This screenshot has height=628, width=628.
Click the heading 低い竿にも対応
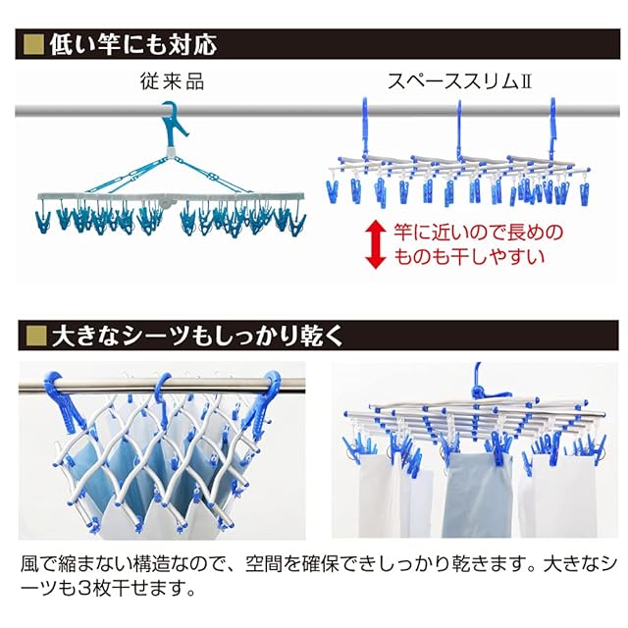(x=131, y=44)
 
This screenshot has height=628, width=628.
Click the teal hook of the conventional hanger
(x=176, y=120)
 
